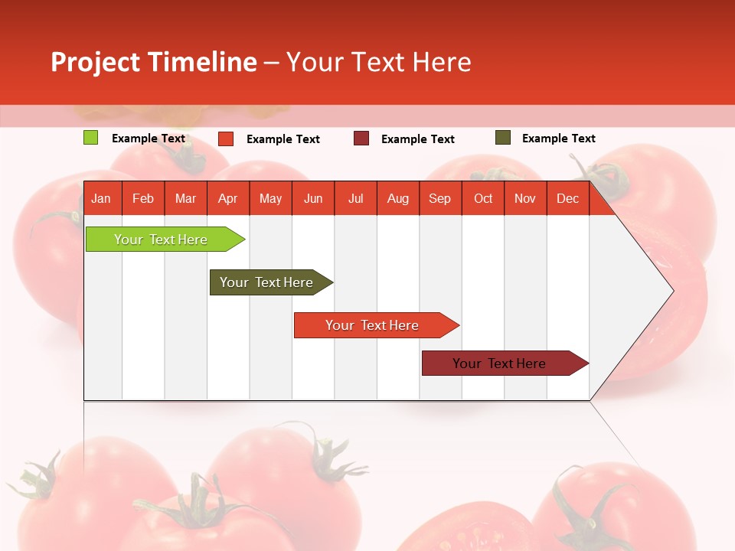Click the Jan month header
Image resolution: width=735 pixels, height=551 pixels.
[101, 198]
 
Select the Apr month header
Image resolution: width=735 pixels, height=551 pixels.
[228, 198]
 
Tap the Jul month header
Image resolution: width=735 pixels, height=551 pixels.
[355, 198]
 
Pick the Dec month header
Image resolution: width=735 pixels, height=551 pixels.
[567, 198]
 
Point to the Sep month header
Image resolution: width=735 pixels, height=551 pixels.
[439, 198]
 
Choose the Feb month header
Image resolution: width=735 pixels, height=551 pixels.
[143, 198]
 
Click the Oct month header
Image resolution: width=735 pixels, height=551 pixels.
[483, 198]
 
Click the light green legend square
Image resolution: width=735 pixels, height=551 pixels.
[91, 138]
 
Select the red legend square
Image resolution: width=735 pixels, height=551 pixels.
[226, 139]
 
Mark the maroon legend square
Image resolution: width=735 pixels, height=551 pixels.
[361, 139]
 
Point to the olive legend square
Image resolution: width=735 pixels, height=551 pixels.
[503, 138]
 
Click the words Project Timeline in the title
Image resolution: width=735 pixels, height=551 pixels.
[154, 62]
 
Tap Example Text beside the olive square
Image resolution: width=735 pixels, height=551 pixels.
[558, 139]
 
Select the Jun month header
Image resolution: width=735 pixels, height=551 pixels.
[313, 198]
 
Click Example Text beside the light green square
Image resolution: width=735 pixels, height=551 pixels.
[149, 139]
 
